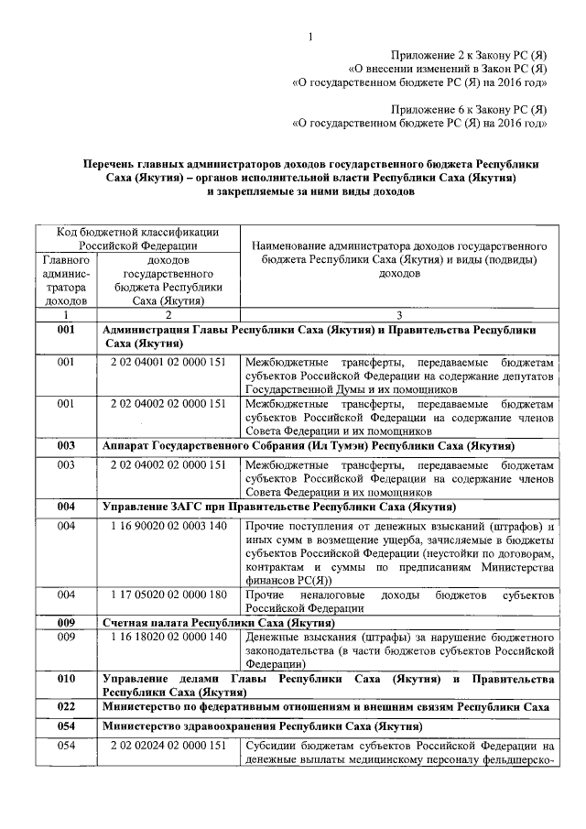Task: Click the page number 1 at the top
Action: pos(312,37)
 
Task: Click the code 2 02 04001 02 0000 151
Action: pos(168,363)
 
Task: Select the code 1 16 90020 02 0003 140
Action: pos(168,526)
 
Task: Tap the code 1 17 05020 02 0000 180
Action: pos(168,594)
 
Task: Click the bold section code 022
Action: pos(65,707)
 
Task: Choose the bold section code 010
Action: pos(65,679)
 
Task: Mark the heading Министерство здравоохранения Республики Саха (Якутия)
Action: pos(262,726)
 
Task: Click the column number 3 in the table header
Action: pos(398,314)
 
